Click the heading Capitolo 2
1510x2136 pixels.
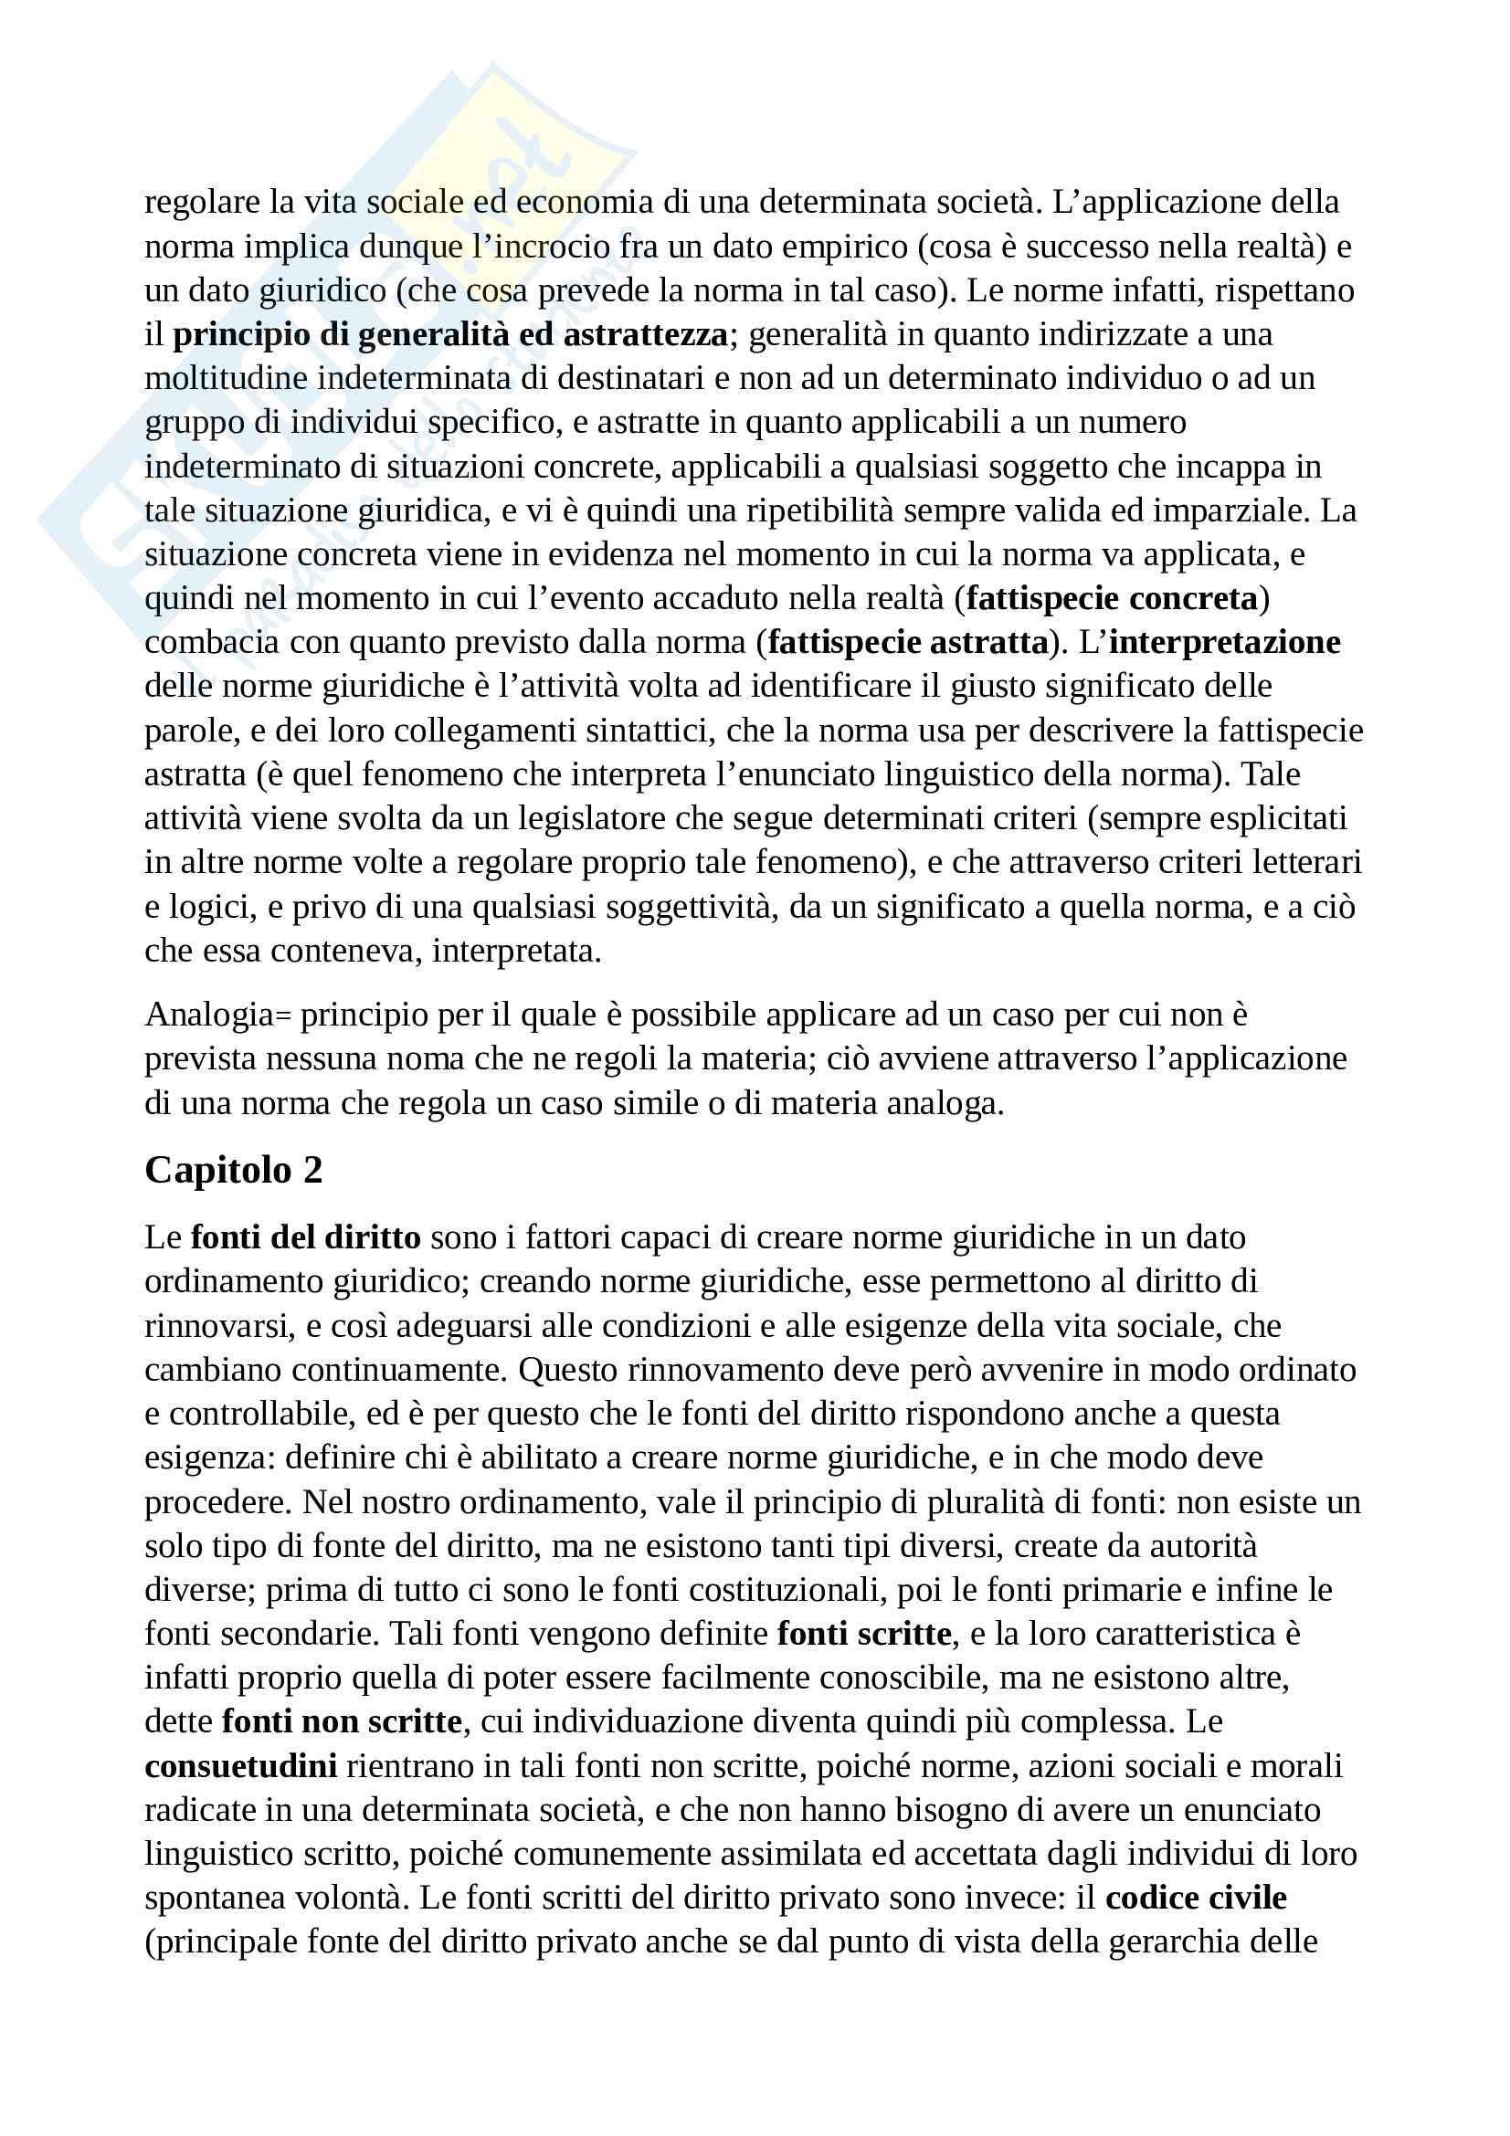[234, 1171]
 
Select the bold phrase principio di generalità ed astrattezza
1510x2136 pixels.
[450, 334]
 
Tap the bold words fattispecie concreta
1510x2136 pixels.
[1112, 598]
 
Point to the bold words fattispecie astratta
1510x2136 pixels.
[908, 642]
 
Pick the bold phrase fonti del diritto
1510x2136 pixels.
[306, 1237]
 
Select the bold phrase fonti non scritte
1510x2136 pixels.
[342, 1722]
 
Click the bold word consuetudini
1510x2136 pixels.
[241, 1766]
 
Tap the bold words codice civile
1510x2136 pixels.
[1196, 1898]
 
